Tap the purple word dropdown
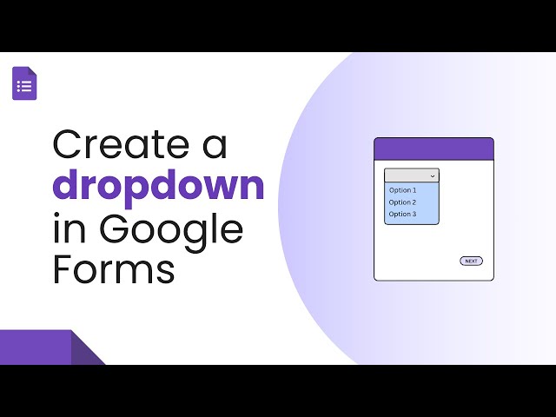coord(158,186)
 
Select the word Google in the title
coord(171,230)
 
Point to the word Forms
coord(113,269)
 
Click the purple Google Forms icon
coord(24,83)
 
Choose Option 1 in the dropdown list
coord(402,190)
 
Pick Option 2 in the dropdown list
coord(402,202)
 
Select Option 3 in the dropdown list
coord(402,214)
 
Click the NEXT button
coord(471,261)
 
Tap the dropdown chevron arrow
coord(433,175)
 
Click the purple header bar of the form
coord(434,149)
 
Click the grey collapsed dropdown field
coord(407,175)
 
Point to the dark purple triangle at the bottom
coord(86,353)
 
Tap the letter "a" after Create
coord(215,146)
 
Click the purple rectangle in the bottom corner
coord(35,347)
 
